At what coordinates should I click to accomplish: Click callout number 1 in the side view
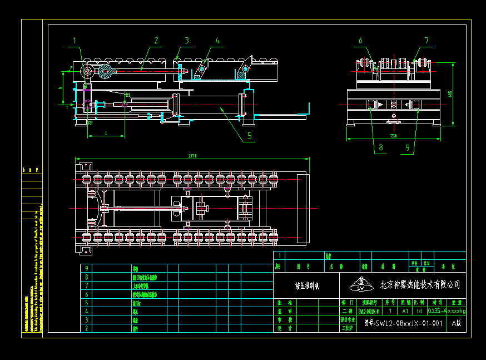coord(74,40)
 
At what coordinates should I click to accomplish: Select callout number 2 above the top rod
coord(156,40)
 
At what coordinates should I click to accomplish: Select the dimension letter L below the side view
coord(106,132)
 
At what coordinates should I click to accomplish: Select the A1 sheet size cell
coord(405,311)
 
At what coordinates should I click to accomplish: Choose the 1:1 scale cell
coord(419,311)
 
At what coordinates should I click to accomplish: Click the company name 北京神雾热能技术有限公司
coord(420,285)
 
